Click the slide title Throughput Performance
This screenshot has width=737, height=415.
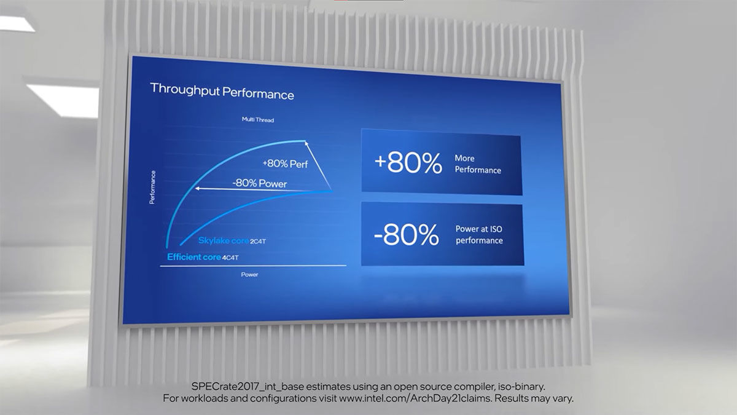(x=222, y=91)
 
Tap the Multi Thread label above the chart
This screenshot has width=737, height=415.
(x=258, y=119)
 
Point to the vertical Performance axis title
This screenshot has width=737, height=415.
(x=152, y=188)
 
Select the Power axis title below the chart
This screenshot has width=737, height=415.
(x=249, y=274)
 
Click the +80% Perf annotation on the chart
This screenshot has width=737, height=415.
(x=285, y=164)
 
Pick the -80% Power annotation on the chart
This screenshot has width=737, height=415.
(x=260, y=183)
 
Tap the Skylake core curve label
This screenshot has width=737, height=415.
(x=224, y=241)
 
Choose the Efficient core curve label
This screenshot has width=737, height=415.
(x=194, y=257)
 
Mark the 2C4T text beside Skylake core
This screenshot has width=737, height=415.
(x=258, y=242)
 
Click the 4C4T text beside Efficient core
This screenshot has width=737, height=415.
(x=230, y=258)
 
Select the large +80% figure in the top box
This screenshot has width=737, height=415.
(x=408, y=163)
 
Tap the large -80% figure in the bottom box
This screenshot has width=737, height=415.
(x=407, y=234)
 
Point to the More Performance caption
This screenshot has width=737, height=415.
(x=478, y=164)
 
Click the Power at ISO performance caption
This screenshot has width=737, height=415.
(x=479, y=234)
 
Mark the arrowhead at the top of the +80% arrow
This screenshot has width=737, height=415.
(x=306, y=143)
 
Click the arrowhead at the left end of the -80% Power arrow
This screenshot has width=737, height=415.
(x=197, y=188)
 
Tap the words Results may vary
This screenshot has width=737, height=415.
(x=534, y=398)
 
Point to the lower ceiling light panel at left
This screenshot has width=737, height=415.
(x=63, y=100)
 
